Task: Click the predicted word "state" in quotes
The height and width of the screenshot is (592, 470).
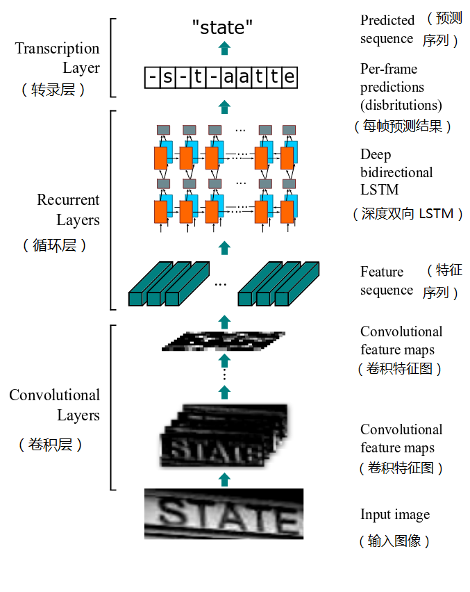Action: [x=222, y=28]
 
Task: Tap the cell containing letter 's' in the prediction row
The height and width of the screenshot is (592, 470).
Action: [x=167, y=76]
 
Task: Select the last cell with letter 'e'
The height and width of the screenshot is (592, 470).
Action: [x=288, y=76]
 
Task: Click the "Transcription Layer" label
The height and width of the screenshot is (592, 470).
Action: [x=58, y=58]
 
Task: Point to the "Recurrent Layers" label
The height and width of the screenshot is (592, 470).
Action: [x=68, y=210]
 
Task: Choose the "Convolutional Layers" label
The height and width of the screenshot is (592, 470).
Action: [x=55, y=405]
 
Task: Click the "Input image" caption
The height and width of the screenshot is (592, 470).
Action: [x=395, y=515]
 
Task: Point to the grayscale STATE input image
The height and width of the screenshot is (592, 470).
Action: [x=224, y=514]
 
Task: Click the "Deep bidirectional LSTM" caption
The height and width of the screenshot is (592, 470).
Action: [x=396, y=172]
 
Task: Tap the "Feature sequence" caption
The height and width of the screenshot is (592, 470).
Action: [x=386, y=281]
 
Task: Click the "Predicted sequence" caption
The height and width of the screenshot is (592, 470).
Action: [x=387, y=29]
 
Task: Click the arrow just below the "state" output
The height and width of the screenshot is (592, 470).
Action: [x=224, y=47]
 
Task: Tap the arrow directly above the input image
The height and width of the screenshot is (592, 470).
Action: [x=224, y=479]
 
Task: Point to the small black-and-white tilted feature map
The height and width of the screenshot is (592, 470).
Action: [x=224, y=340]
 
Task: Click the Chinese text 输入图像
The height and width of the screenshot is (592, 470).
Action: [x=395, y=541]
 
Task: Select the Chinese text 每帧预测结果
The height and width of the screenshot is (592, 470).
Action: [x=403, y=126]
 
